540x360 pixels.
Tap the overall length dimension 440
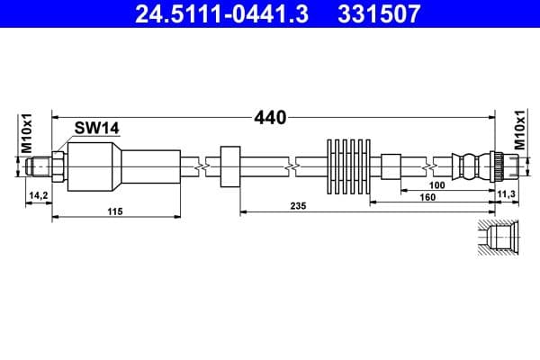coord(269,117)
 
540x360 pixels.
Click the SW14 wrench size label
coord(98,129)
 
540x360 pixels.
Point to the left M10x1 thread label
coord(26,133)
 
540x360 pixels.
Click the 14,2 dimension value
coord(38,194)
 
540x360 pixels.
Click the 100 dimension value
coord(437,184)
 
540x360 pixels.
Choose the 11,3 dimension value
coord(506,194)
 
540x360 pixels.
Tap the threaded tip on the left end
coord(38,166)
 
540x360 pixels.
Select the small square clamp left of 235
coord(230,166)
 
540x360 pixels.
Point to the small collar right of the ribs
coord(391,166)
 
